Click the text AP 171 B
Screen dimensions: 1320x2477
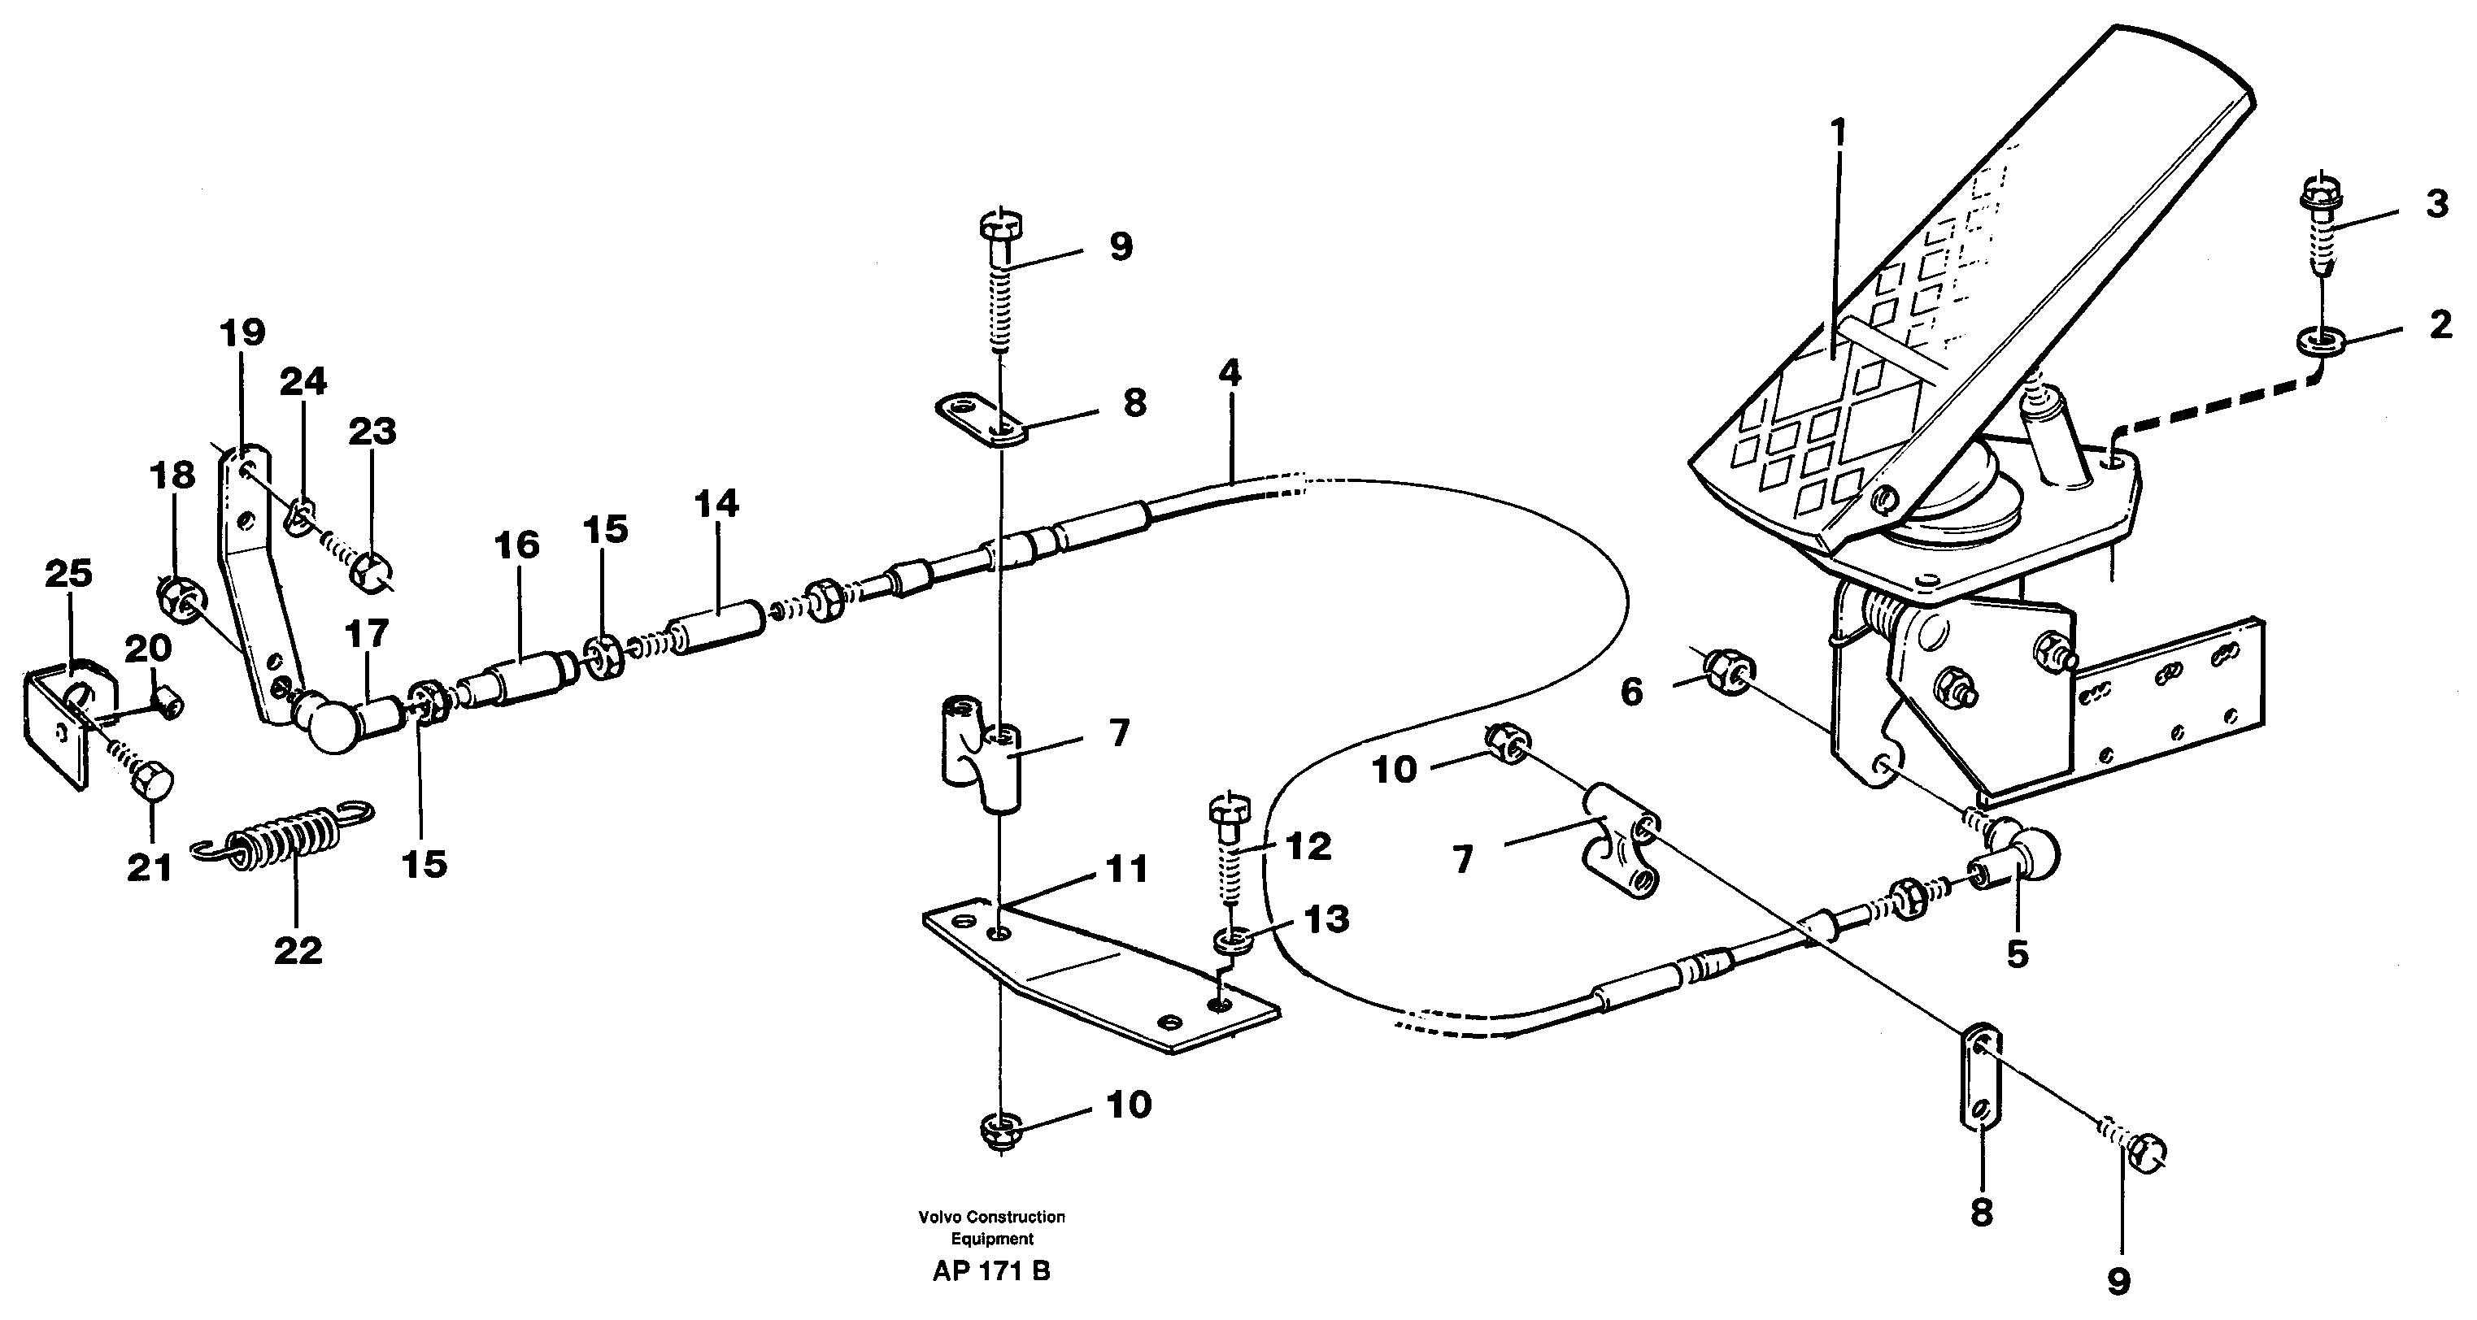pos(990,1271)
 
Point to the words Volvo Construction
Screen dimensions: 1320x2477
pos(991,1216)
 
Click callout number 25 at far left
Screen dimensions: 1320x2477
pos(69,573)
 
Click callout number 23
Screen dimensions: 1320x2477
pos(372,432)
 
